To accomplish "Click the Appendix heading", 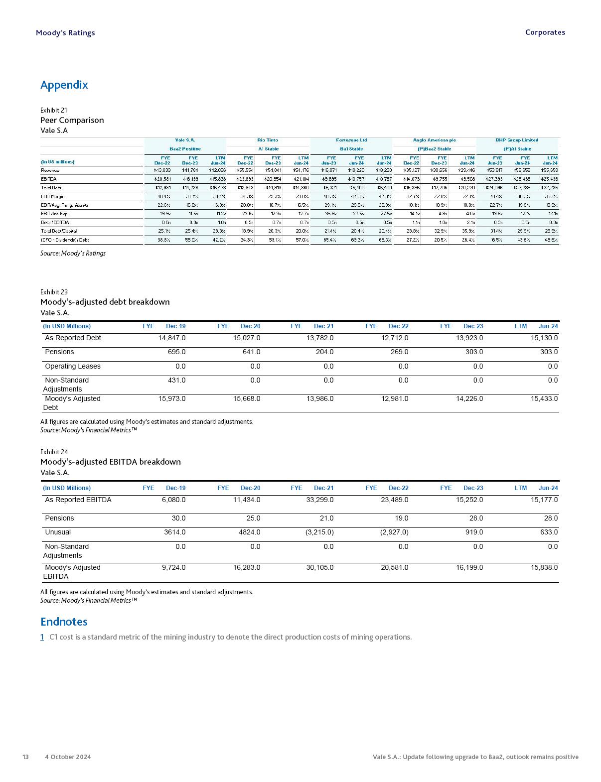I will point(64,85).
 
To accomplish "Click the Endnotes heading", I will point(64,622).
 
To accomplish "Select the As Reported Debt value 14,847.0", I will point(172,338).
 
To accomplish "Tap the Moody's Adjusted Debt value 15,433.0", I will point(544,398).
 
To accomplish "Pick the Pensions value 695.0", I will point(176,352).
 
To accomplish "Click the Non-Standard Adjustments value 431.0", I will point(176,380).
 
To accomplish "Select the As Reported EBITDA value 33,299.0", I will point(320,500).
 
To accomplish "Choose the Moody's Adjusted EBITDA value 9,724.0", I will point(173,567).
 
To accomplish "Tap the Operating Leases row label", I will point(73,366).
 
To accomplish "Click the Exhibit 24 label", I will point(54,452).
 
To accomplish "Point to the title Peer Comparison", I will point(72,120).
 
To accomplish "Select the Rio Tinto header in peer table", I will point(268,140).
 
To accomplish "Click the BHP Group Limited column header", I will point(517,140).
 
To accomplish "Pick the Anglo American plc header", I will point(434,140).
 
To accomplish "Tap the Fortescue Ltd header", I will point(351,140).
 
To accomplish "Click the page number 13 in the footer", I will point(25,757).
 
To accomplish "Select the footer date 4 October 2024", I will point(68,757).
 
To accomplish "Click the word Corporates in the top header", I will point(545,32).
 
